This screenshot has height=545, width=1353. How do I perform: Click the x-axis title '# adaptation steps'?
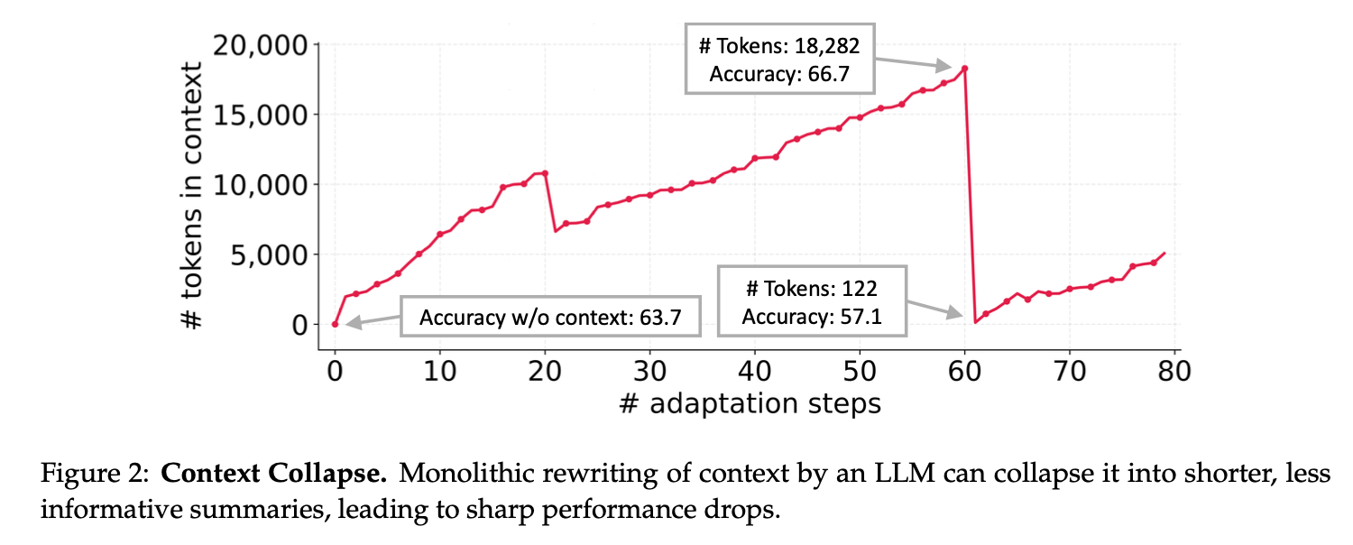pyautogui.click(x=750, y=402)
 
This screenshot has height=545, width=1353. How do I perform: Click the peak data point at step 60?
pyautogui.click(x=964, y=69)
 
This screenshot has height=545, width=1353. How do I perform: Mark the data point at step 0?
pyautogui.click(x=335, y=324)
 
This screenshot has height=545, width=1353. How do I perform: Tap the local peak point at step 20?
pyautogui.click(x=545, y=172)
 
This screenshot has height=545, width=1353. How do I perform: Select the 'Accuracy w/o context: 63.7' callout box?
pyautogui.click(x=549, y=316)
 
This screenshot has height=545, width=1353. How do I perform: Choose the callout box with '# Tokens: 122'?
pyautogui.click(x=811, y=301)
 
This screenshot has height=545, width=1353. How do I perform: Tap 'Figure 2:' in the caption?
pyautogui.click(x=96, y=474)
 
